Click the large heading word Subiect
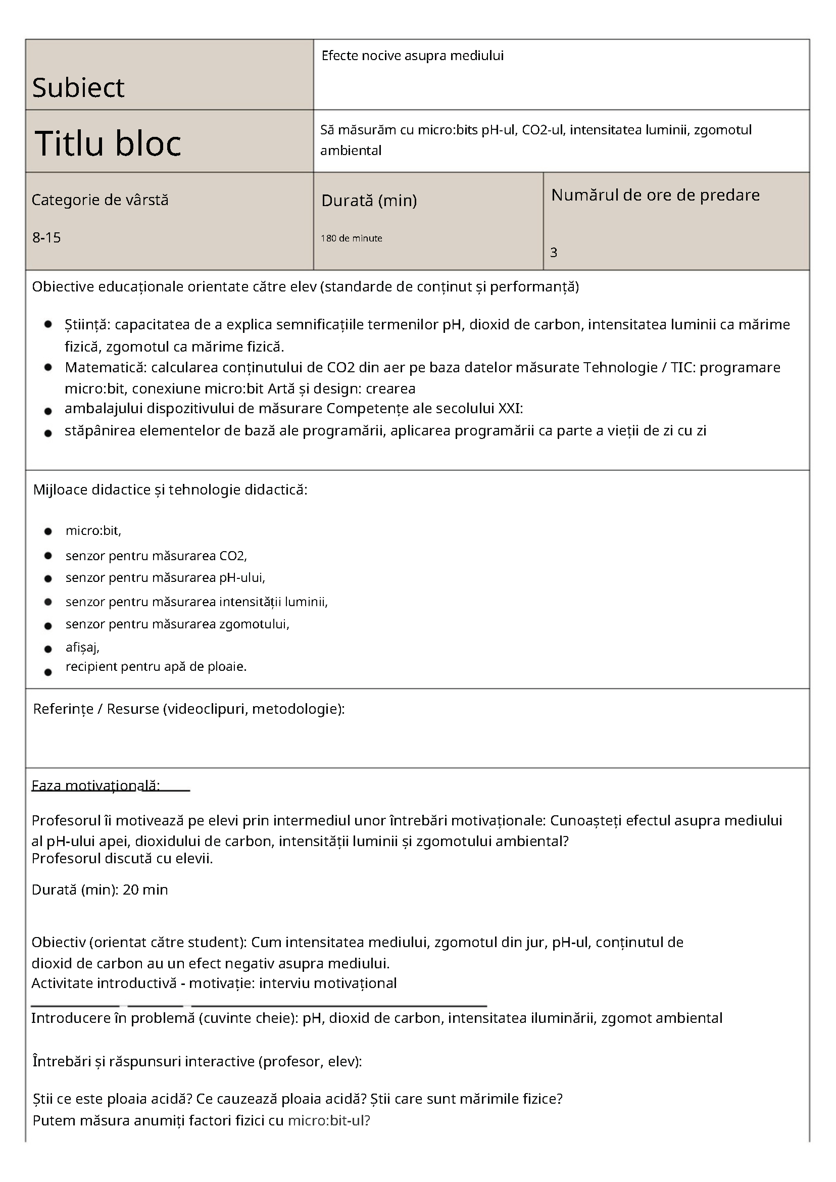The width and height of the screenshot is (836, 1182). [x=78, y=87]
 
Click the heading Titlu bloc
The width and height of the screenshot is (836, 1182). [x=108, y=142]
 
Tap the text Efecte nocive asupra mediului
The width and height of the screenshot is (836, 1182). [x=412, y=56]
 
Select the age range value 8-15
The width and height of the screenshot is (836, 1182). [x=46, y=237]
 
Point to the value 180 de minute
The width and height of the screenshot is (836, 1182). [x=351, y=238]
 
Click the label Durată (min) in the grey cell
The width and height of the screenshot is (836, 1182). [x=369, y=200]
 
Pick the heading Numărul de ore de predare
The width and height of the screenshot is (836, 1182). [x=655, y=195]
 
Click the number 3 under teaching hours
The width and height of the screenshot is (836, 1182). [x=554, y=252]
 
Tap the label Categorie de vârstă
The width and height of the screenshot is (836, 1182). [x=100, y=200]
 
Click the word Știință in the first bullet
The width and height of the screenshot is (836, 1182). [x=86, y=325]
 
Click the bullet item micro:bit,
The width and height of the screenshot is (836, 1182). [x=93, y=531]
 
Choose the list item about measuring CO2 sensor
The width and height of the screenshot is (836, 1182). [x=156, y=556]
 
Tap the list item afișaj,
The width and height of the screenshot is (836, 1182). [x=82, y=647]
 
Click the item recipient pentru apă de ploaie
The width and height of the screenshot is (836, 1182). [x=156, y=667]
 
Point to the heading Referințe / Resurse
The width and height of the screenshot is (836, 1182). [x=188, y=709]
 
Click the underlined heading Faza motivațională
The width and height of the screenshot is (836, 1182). [x=96, y=785]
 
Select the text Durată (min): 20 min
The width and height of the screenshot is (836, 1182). [x=100, y=890]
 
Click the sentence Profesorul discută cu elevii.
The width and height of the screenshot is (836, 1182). [x=122, y=858]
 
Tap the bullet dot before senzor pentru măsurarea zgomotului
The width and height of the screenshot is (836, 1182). [x=48, y=626]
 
